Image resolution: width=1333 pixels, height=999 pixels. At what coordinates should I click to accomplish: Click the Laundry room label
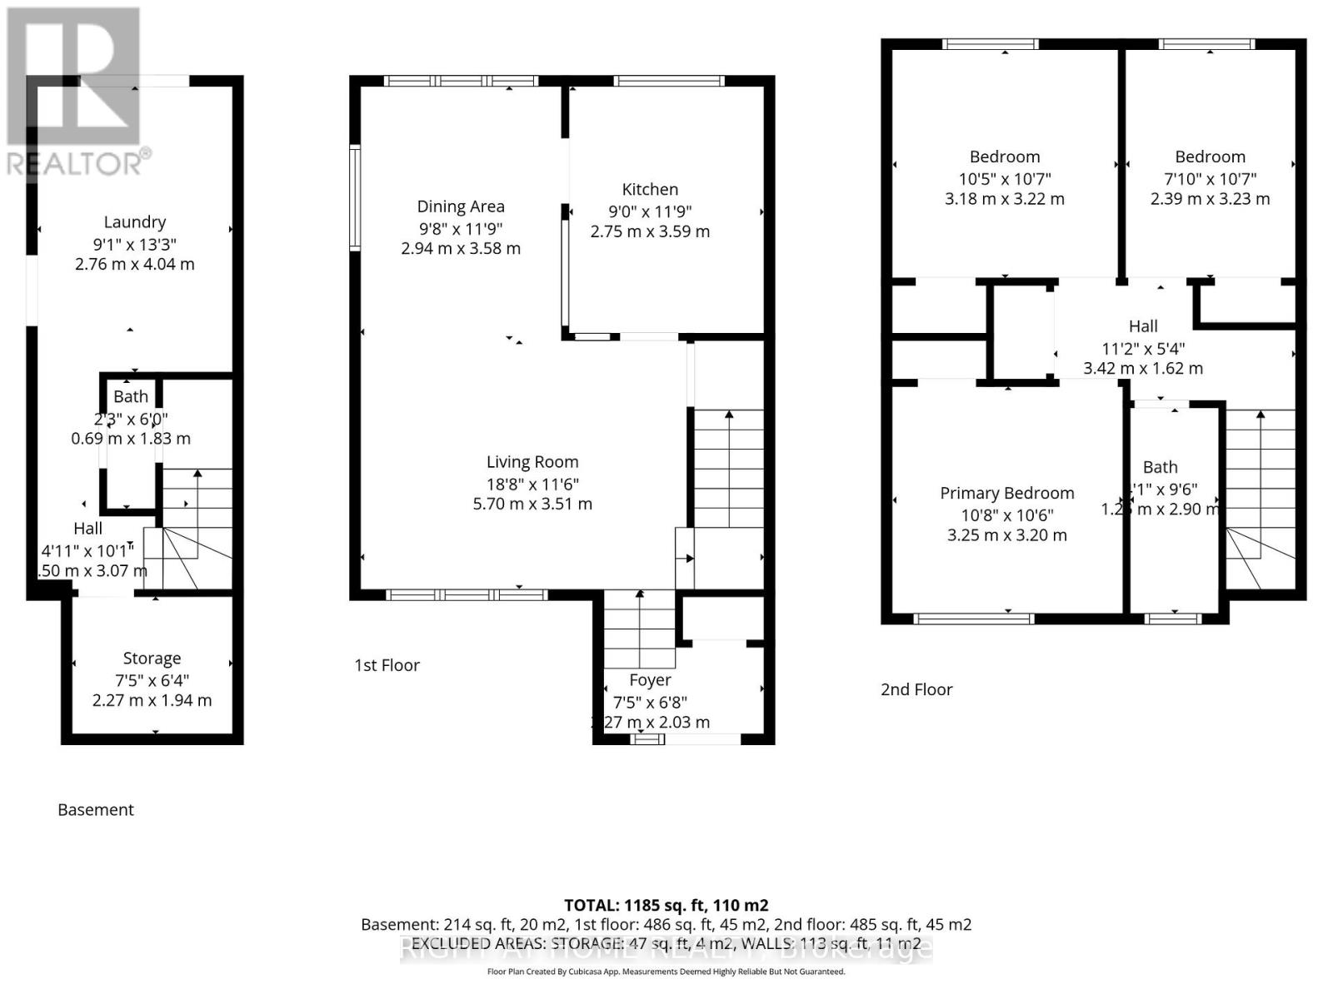click(135, 222)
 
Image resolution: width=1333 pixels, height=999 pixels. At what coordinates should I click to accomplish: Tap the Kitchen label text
click(650, 190)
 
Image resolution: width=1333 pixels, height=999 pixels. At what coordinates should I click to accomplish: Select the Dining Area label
click(461, 206)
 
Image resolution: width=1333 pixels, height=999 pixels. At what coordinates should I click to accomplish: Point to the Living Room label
click(532, 462)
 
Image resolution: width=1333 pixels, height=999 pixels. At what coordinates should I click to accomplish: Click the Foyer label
click(650, 680)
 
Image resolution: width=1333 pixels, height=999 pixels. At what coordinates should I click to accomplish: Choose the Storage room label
click(152, 659)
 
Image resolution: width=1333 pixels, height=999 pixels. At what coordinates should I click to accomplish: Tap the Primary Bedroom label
click(1006, 493)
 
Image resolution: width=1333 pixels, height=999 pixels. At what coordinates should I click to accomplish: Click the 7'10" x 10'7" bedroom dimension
click(1210, 178)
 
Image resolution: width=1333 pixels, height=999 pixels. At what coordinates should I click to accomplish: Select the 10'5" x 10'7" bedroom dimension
click(1005, 178)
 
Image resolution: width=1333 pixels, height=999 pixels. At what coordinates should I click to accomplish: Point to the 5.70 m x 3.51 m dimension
click(532, 504)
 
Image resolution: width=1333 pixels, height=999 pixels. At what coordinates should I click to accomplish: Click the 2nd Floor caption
click(916, 689)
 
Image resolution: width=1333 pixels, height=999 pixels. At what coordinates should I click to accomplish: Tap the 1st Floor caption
click(387, 665)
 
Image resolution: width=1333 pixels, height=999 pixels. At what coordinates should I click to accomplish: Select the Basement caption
click(96, 809)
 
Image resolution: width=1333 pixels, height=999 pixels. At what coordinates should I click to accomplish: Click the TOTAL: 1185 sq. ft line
click(666, 905)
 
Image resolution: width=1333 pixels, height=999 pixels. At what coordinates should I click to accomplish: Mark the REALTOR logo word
click(75, 163)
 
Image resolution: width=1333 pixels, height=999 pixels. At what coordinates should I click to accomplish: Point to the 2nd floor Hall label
click(1143, 326)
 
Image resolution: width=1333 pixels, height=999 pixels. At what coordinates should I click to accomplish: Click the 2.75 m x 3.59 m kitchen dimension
click(650, 231)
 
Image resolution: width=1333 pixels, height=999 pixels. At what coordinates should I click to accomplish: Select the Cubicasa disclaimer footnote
click(666, 972)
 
